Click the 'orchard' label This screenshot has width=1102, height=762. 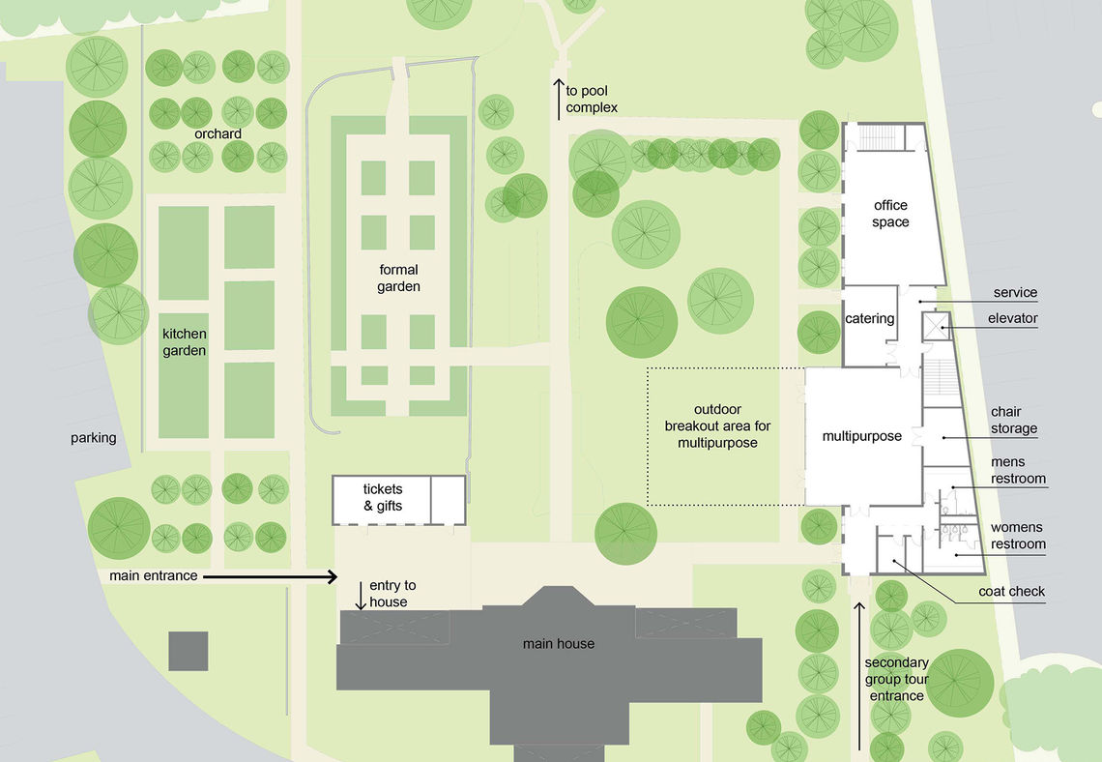coord(217,133)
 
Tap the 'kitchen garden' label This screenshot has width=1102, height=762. coord(184,342)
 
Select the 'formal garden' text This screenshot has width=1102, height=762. coord(398,278)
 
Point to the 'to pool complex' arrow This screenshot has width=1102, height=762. coord(559,99)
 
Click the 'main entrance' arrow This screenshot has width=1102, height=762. coord(271,577)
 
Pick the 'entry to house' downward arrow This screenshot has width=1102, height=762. coord(361,596)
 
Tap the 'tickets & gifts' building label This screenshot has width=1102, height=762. coord(383,497)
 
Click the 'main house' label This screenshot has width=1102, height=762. coord(559,643)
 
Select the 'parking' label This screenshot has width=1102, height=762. coord(94,438)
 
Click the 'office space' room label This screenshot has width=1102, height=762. coord(890,214)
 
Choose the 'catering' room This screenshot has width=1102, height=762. coord(870,318)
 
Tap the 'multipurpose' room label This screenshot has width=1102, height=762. coord(861,436)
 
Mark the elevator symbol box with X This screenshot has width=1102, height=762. coord(936,327)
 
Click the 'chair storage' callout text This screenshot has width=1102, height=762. coord(1014,420)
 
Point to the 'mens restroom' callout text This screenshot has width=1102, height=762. coord(1018,470)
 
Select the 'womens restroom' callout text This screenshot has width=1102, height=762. coord(1018,536)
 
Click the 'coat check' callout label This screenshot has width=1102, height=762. coord(1012,591)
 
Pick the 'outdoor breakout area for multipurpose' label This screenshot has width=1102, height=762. coord(717,426)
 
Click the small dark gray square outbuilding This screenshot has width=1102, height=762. coord(188,651)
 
